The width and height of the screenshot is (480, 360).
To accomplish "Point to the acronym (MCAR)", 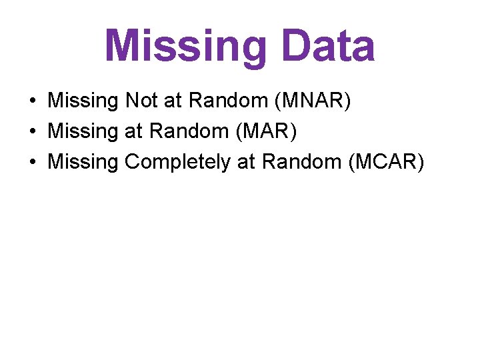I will pyautogui.click(x=385, y=161).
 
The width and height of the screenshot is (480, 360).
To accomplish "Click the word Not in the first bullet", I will pyautogui.click(x=141, y=101).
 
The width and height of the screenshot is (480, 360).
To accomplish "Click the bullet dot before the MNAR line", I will pyautogui.click(x=33, y=101).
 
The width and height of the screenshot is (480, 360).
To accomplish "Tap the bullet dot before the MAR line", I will pyautogui.click(x=33, y=132).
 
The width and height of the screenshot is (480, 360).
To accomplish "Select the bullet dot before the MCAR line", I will pyautogui.click(x=33, y=162).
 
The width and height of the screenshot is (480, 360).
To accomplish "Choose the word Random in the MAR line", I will pyautogui.click(x=187, y=131).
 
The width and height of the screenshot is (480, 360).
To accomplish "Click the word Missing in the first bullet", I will pyautogui.click(x=83, y=101).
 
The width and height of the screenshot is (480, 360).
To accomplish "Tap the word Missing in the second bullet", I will pyautogui.click(x=83, y=131).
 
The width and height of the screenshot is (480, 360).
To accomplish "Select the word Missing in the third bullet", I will pyautogui.click(x=83, y=161).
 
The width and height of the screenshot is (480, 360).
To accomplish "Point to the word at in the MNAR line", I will pyautogui.click(x=173, y=101).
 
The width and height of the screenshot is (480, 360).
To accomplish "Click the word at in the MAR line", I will pyautogui.click(x=134, y=132).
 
